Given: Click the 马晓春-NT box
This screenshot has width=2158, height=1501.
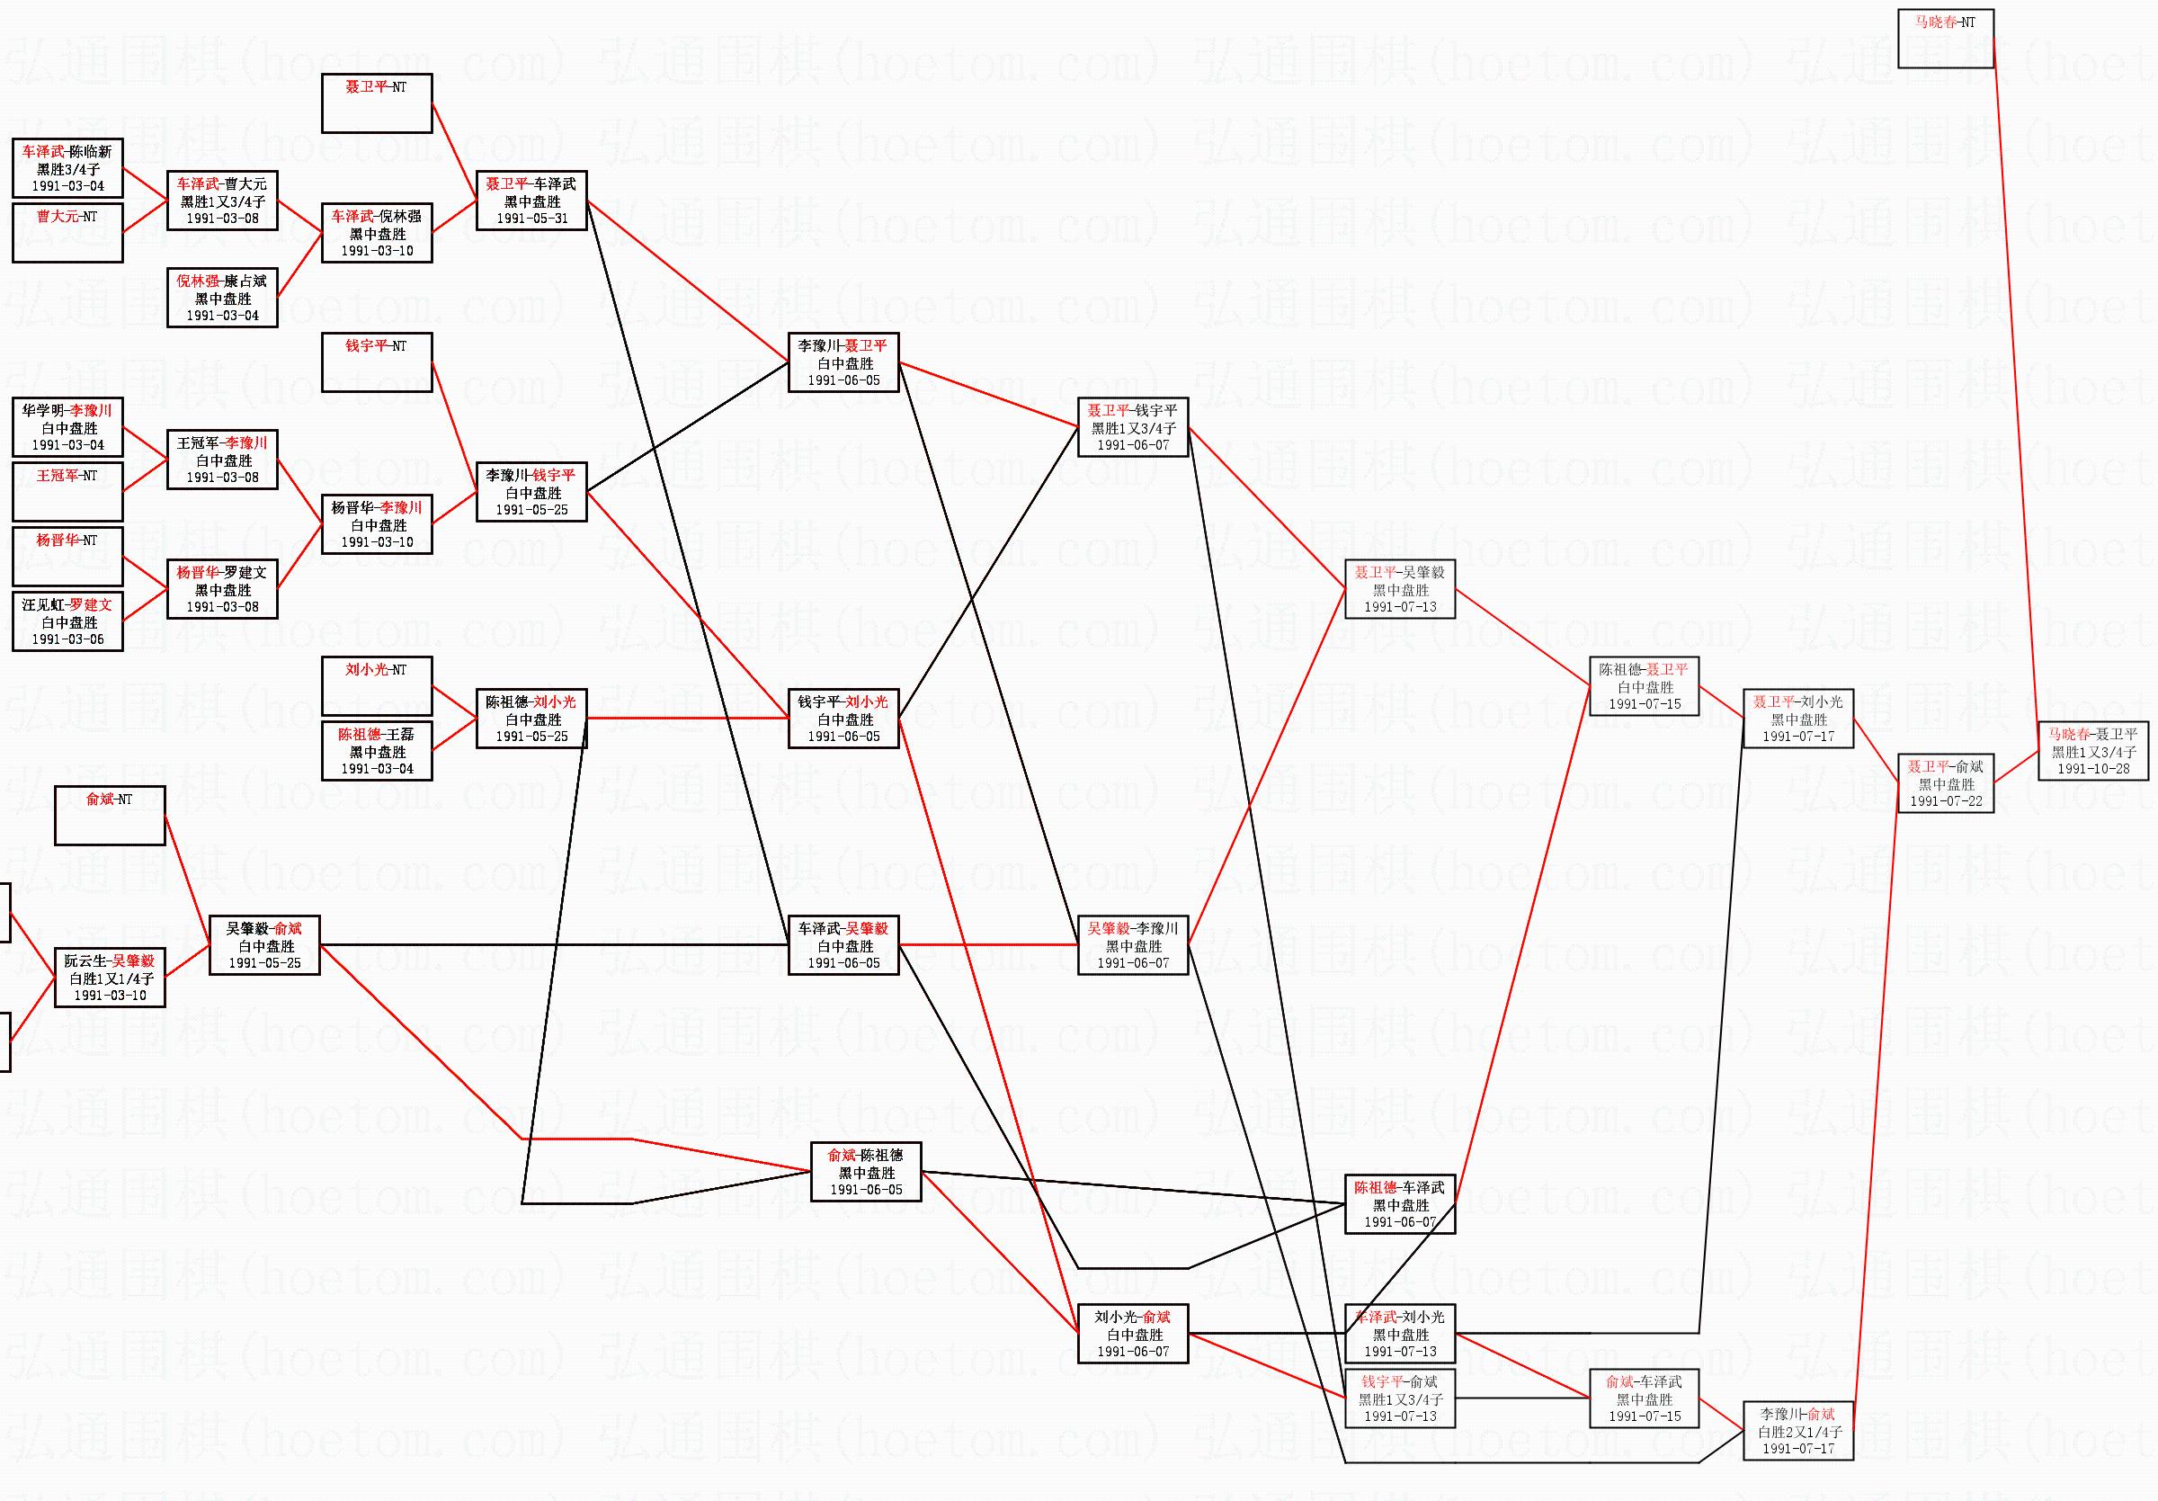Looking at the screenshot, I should tap(1945, 39).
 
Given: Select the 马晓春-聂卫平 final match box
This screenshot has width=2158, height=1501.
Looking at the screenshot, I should tap(2093, 751).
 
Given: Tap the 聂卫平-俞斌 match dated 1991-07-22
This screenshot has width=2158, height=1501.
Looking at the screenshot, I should tap(1945, 783).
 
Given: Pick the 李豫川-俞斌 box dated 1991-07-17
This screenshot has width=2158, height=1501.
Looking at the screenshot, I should tap(1798, 1431).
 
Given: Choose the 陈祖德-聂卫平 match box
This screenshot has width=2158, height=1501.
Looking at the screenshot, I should tap(1644, 686).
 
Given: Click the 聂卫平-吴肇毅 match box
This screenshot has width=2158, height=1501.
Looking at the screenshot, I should tap(1399, 589).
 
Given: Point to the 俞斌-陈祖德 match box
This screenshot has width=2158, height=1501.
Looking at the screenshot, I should tap(866, 1172).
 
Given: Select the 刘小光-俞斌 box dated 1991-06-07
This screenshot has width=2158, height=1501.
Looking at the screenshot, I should tap(1133, 1334).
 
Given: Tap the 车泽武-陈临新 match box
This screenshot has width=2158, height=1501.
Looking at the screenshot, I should tap(67, 168).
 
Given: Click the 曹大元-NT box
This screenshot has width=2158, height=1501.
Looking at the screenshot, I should tap(67, 232).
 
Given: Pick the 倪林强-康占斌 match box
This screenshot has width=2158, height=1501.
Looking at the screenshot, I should tap(222, 298).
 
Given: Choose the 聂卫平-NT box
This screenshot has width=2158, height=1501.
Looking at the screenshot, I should tap(377, 103).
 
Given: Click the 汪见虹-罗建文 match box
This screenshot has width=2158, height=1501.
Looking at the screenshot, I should tap(67, 621).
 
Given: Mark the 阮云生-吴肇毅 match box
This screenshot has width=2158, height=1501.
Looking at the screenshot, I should tap(110, 978).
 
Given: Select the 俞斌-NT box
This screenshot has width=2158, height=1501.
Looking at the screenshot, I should tap(110, 816).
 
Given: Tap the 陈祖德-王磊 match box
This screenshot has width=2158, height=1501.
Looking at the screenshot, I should tap(377, 751).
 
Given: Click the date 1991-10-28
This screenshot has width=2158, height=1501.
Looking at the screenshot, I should tap(2093, 769).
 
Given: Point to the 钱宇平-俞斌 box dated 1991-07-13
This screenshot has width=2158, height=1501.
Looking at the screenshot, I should tap(1399, 1398).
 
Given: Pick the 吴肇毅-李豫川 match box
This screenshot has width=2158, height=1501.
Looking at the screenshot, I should tap(1133, 945).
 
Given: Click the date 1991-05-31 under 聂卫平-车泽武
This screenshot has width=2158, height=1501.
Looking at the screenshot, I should tap(532, 219).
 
